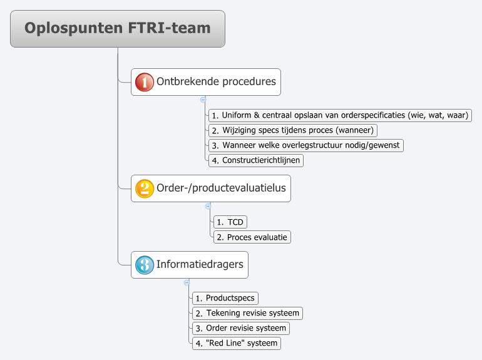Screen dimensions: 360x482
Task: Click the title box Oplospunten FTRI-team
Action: (118, 29)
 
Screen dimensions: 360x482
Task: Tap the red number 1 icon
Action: (144, 82)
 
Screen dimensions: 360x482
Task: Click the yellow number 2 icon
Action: (144, 188)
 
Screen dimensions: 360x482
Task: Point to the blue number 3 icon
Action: (144, 265)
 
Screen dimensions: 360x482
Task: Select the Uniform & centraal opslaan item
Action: (339, 115)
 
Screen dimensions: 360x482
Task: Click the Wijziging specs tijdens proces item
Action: (293, 130)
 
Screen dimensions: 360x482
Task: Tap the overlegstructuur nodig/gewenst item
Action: (305, 145)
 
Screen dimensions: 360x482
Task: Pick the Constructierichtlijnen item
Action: (256, 160)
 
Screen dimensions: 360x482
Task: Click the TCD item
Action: (230, 222)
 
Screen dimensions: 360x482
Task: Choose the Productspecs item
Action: (225, 298)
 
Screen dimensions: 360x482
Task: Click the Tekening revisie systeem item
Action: (248, 313)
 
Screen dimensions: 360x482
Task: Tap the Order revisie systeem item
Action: (240, 328)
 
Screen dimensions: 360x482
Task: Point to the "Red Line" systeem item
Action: (235, 344)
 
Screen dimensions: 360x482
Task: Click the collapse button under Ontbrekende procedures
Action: (203, 100)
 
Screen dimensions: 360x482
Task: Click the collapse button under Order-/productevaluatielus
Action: (208, 206)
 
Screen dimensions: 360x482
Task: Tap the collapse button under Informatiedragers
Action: (187, 282)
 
